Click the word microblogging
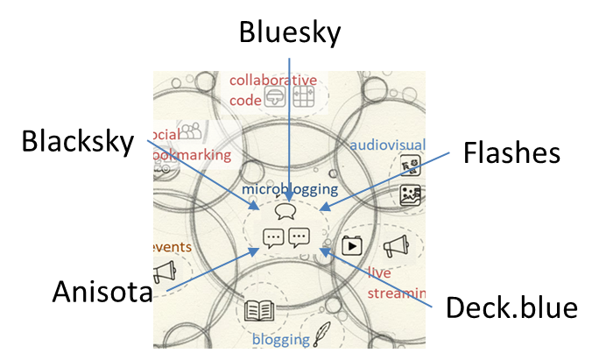click(290, 188)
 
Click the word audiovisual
click(387, 145)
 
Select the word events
click(171, 247)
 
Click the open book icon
click(259, 310)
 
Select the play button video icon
click(352, 244)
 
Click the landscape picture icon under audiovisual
click(411, 195)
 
